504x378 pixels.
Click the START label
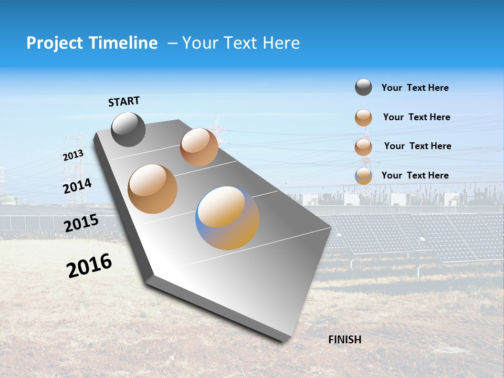(x=124, y=101)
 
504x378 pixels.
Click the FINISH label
(x=344, y=340)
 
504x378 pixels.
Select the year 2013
(x=73, y=155)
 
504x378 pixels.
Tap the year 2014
(x=77, y=186)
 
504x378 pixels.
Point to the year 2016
(x=89, y=266)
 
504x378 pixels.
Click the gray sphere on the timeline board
(x=128, y=129)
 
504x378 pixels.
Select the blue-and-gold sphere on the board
(x=227, y=217)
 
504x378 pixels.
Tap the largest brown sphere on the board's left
(x=152, y=188)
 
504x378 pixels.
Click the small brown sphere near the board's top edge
(x=199, y=147)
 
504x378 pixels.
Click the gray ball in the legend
(x=363, y=88)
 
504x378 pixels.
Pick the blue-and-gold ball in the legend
(x=363, y=176)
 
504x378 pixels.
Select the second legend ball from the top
(x=363, y=118)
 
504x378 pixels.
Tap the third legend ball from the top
(x=363, y=146)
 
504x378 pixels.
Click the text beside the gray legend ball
(x=415, y=88)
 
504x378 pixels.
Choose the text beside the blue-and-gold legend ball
(x=415, y=175)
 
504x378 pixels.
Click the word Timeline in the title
(x=124, y=43)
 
